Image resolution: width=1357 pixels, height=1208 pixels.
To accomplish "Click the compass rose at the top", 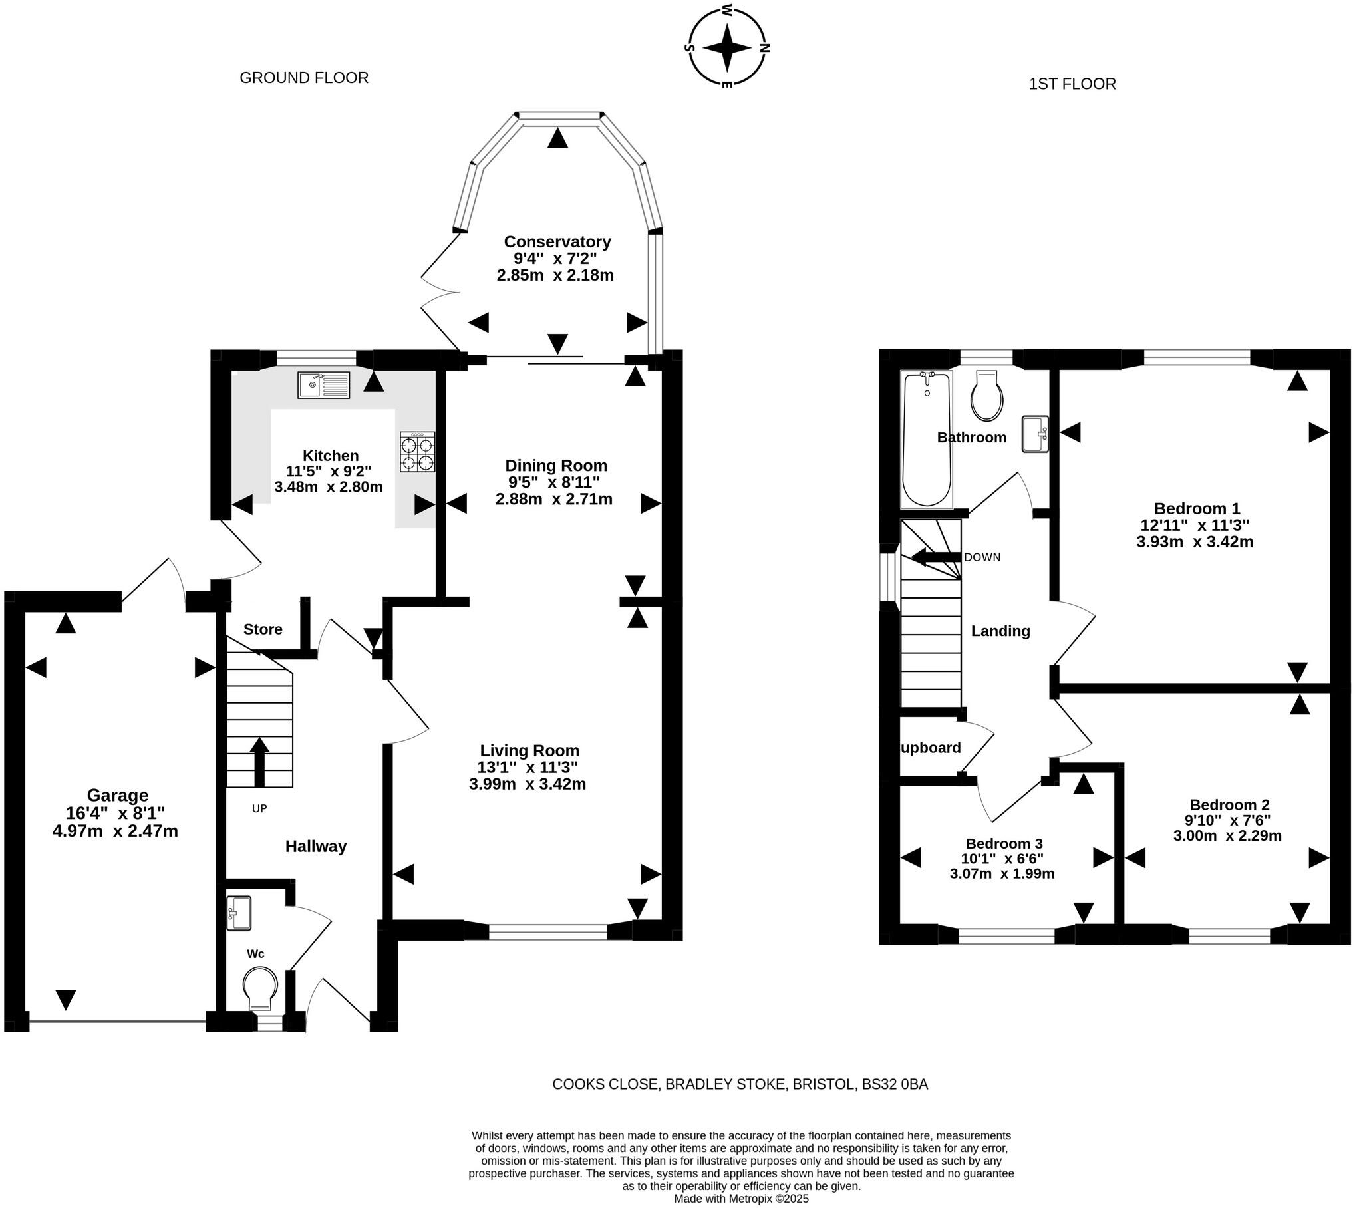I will [727, 47].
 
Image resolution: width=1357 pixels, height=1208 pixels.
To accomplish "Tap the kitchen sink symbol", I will [323, 384].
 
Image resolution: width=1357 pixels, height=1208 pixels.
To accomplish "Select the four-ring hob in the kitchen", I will [417, 452].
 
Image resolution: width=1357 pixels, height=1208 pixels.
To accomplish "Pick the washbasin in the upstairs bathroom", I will [1035, 434].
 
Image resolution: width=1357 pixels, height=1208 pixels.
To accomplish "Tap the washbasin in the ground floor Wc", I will [238, 913].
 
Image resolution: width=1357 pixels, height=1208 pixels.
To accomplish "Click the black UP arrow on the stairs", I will [259, 761].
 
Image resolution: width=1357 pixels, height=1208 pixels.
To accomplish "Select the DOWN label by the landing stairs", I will [982, 557].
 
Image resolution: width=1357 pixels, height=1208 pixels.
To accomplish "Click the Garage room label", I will [117, 795].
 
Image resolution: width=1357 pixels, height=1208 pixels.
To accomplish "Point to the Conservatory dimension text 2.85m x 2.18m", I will [555, 275].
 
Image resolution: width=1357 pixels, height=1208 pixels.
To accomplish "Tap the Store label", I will [263, 629].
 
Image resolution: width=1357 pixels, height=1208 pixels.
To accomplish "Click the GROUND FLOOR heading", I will [303, 78].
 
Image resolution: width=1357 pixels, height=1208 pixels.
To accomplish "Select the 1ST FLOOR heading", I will [1072, 84].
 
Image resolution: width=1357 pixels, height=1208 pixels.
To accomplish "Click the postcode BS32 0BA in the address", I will [895, 1084].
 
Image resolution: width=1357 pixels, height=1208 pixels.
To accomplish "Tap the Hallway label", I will [316, 846].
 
